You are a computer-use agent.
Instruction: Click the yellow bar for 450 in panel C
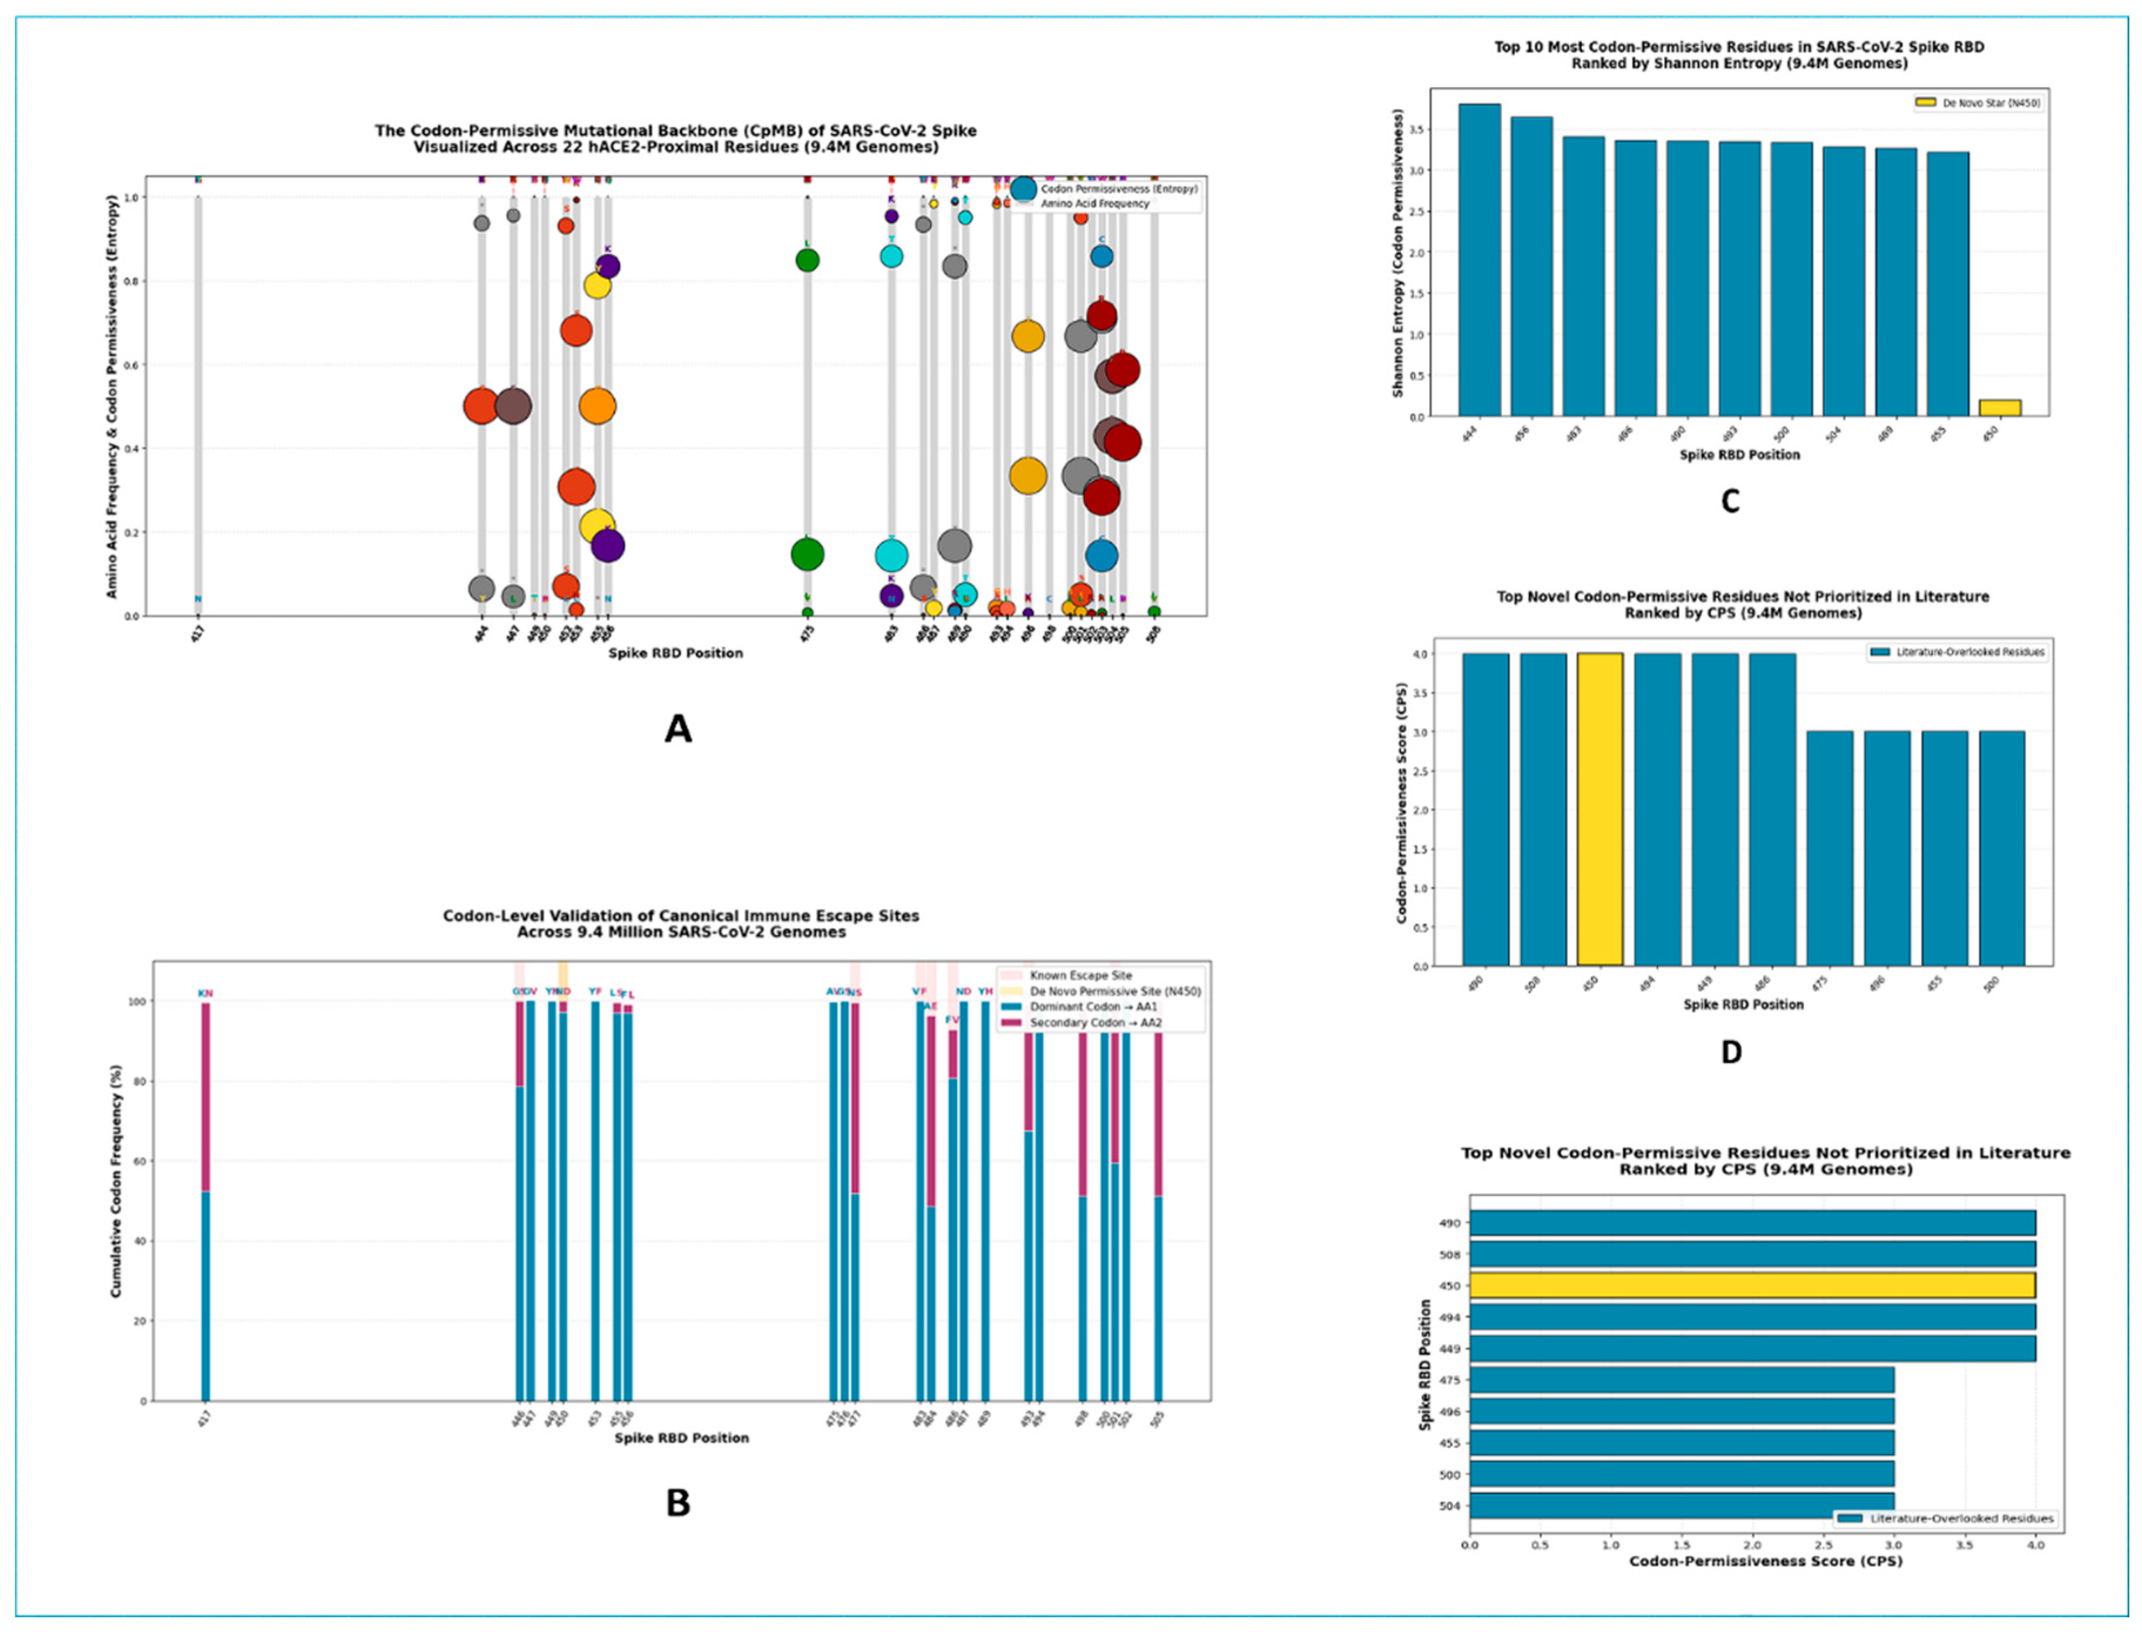pos(1999,408)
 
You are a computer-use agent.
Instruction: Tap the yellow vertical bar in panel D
pos(1599,809)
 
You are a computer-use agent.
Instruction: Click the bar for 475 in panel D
pos(1829,848)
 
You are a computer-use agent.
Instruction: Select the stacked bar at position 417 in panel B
pos(205,1201)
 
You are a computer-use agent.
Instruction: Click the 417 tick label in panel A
pos(198,636)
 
